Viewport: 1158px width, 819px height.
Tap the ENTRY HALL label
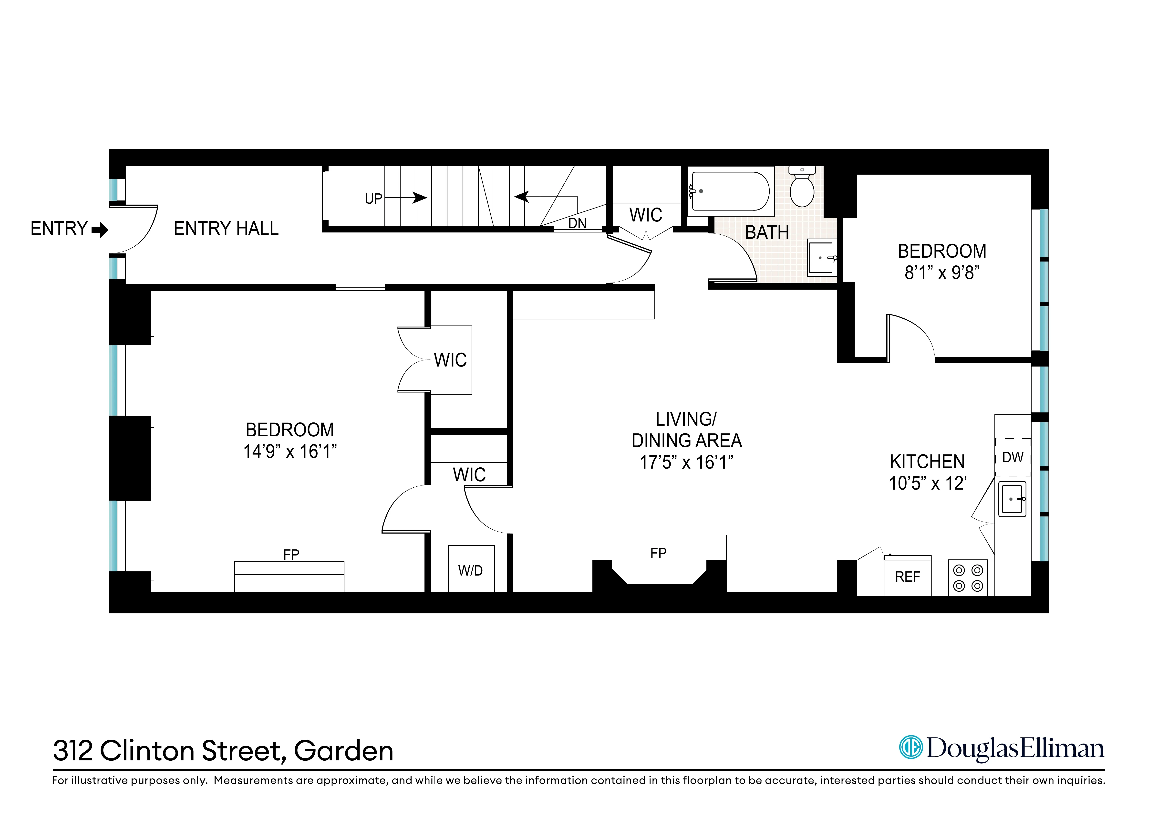tap(226, 229)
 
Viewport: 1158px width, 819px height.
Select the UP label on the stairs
tap(373, 199)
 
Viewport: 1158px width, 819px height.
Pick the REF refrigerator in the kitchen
tap(907, 576)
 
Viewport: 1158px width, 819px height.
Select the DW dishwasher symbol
tap(1012, 457)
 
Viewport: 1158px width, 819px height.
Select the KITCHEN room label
tap(927, 461)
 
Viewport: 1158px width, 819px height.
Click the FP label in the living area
tap(658, 553)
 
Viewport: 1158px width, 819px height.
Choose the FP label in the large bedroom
tap(291, 555)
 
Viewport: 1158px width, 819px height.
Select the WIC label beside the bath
tap(646, 215)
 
